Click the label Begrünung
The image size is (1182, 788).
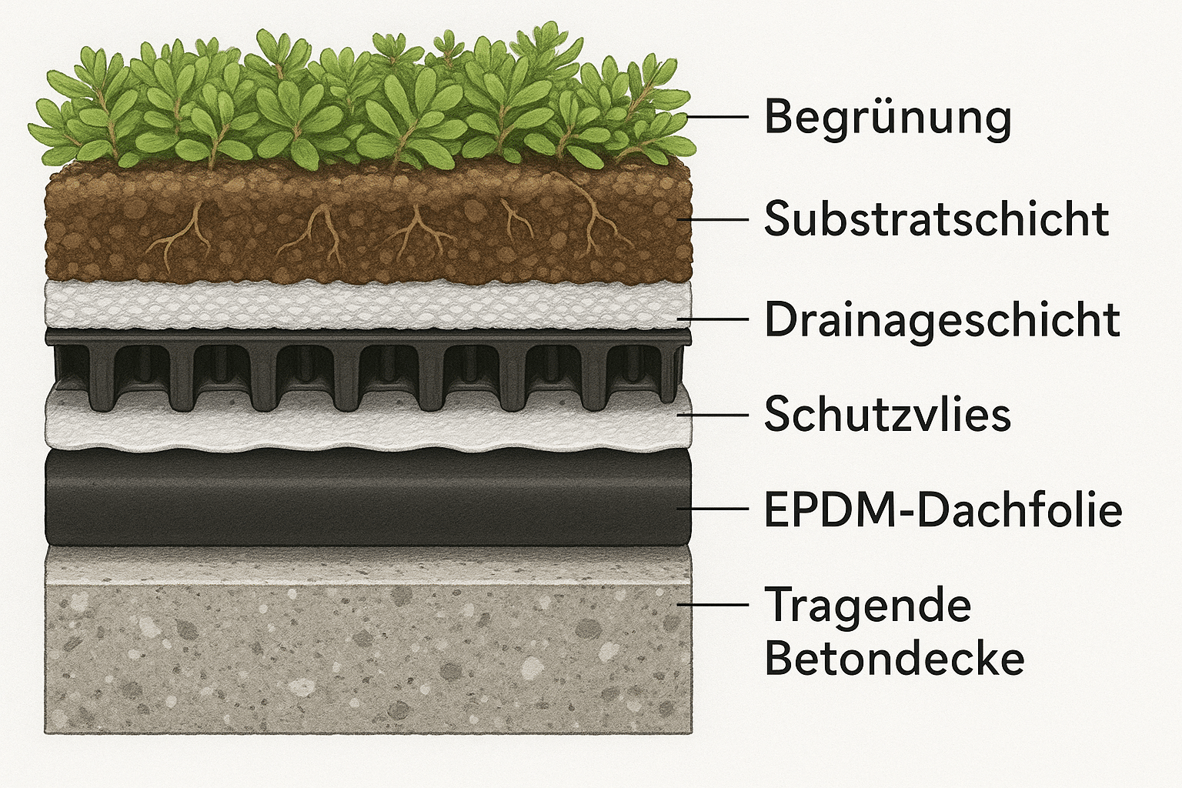[886, 117]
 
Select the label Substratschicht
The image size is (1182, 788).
[936, 219]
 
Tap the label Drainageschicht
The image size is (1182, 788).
[941, 319]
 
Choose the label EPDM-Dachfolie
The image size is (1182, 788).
[943, 509]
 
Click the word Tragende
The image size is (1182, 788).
[868, 605]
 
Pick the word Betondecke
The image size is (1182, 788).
[894, 659]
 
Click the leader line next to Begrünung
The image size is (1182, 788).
[717, 117]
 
